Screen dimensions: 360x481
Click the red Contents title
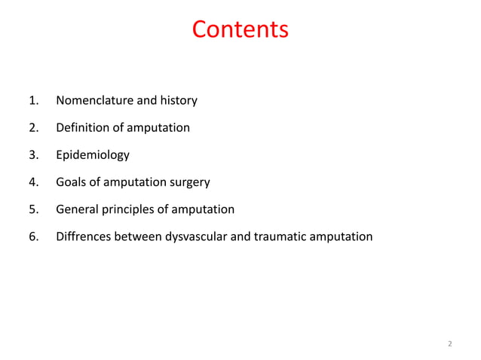click(240, 29)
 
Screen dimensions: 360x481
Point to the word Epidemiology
click(92, 155)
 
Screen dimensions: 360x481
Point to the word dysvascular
click(198, 236)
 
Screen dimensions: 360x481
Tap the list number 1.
click(32, 100)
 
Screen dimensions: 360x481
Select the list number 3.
click(32, 155)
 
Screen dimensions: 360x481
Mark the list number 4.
click(32, 182)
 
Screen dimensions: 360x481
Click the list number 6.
click(32, 236)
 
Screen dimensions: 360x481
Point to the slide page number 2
click(449, 344)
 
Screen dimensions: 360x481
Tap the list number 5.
click(32, 209)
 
